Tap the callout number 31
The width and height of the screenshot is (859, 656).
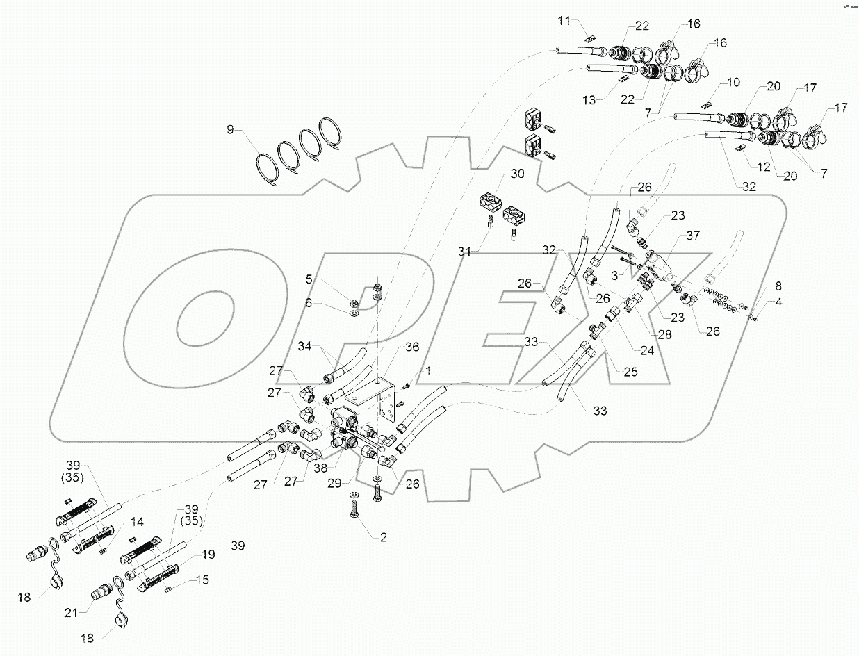pyautogui.click(x=464, y=251)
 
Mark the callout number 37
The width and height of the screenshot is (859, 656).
pyautogui.click(x=693, y=236)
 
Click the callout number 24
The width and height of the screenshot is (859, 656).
pyautogui.click(x=647, y=351)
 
